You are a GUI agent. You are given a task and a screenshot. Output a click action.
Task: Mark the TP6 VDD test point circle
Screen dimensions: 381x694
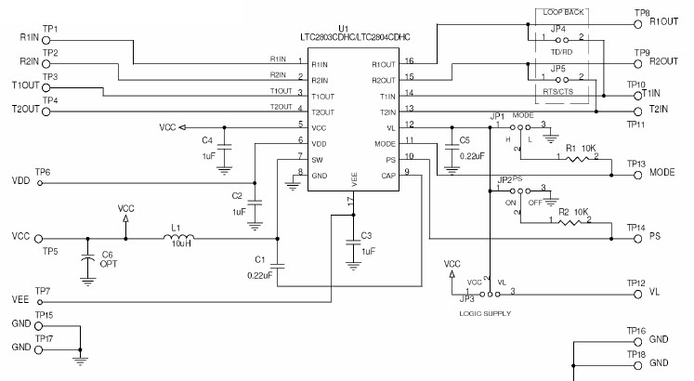[40, 182]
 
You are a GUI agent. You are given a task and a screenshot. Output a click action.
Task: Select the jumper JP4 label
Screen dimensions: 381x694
[557, 30]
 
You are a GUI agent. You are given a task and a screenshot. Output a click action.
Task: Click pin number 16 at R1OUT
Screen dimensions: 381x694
[410, 61]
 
